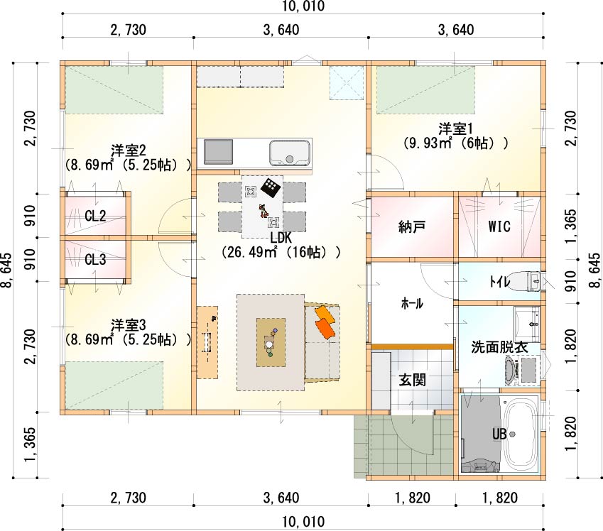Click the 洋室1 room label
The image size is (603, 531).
click(x=457, y=128)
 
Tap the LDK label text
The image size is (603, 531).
click(x=281, y=238)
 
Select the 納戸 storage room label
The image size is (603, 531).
click(x=412, y=227)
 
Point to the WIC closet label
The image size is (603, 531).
click(x=499, y=226)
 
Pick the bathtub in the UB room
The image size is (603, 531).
click(x=521, y=432)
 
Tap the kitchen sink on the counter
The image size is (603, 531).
click(x=290, y=153)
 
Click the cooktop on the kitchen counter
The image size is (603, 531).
click(x=218, y=152)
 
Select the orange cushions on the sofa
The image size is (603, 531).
click(x=325, y=322)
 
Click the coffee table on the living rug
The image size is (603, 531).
click(x=271, y=342)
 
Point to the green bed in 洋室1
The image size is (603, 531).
click(x=425, y=90)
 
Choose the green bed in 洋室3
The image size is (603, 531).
click(x=114, y=385)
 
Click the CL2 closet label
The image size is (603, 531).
click(x=95, y=216)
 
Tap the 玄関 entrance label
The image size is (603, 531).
click(x=412, y=380)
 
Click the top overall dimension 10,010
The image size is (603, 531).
click(x=304, y=6)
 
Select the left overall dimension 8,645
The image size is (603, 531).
click(x=7, y=270)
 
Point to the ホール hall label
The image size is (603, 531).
click(x=412, y=303)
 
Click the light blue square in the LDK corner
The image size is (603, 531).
click(x=347, y=82)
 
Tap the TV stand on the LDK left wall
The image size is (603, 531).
click(x=207, y=342)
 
